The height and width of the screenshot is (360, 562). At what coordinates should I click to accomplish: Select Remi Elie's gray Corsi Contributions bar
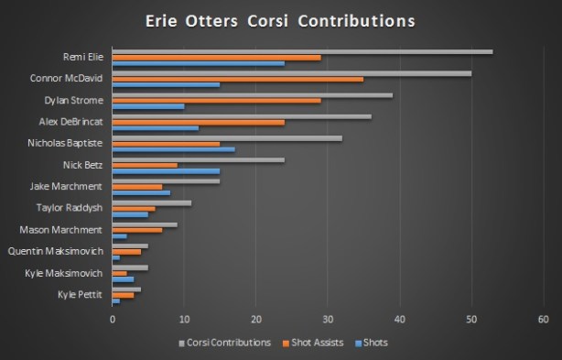click(x=302, y=51)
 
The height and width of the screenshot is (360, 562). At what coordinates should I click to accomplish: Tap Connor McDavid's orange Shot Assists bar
click(x=237, y=79)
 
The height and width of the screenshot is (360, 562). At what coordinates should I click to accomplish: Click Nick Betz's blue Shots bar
click(x=166, y=171)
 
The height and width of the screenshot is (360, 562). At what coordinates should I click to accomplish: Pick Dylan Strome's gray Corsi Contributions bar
click(x=252, y=94)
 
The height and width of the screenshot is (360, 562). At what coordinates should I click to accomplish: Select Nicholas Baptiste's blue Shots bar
click(x=173, y=149)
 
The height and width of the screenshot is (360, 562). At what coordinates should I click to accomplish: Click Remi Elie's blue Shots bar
click(x=198, y=63)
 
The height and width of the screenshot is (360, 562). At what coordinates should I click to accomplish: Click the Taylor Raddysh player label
click(x=70, y=208)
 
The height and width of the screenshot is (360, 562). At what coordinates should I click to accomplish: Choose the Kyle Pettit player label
click(x=81, y=294)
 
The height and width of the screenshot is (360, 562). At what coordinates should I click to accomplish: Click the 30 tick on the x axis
click(x=328, y=319)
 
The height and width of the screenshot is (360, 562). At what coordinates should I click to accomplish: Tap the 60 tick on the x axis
click(x=543, y=319)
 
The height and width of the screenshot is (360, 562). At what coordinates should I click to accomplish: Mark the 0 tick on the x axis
click(x=113, y=319)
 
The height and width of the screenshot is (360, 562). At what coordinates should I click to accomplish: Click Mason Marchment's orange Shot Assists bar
click(x=136, y=229)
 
